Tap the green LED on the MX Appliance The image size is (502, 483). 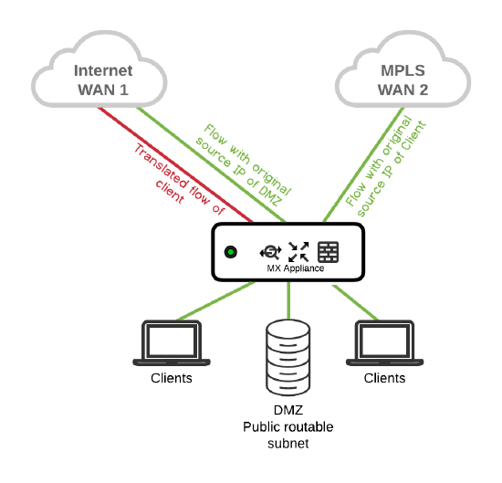tap(232, 252)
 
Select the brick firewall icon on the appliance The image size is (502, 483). tap(328, 251)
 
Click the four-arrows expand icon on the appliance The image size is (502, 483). tap(298, 252)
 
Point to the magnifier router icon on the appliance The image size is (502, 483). tap(270, 252)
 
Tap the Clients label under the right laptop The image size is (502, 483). tap(384, 378)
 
